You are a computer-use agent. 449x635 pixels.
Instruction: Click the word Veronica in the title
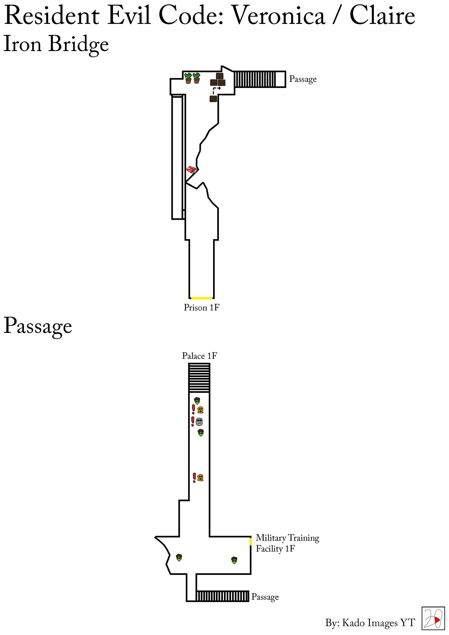[278, 15]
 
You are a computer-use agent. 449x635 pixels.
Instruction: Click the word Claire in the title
[382, 15]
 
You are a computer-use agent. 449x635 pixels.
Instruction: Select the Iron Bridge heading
[56, 44]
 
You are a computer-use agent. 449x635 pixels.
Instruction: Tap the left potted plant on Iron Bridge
[188, 78]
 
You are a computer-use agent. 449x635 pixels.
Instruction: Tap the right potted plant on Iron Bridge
[196, 78]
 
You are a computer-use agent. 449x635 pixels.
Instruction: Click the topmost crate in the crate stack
[220, 76]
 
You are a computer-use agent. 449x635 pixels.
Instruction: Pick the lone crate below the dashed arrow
[213, 98]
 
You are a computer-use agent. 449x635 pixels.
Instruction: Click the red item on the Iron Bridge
[192, 170]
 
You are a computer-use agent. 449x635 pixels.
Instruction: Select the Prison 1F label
[201, 307]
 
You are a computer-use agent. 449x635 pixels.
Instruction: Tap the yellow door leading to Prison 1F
[202, 298]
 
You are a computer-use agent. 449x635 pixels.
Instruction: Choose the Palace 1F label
[199, 356]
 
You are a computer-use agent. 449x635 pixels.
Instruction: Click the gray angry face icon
[199, 422]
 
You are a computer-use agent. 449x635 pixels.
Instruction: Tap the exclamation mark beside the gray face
[193, 421]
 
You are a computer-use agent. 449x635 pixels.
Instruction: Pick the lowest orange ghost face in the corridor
[200, 477]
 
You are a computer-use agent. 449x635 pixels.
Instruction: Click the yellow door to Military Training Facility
[251, 541]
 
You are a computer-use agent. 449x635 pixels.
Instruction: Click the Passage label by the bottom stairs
[265, 597]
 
